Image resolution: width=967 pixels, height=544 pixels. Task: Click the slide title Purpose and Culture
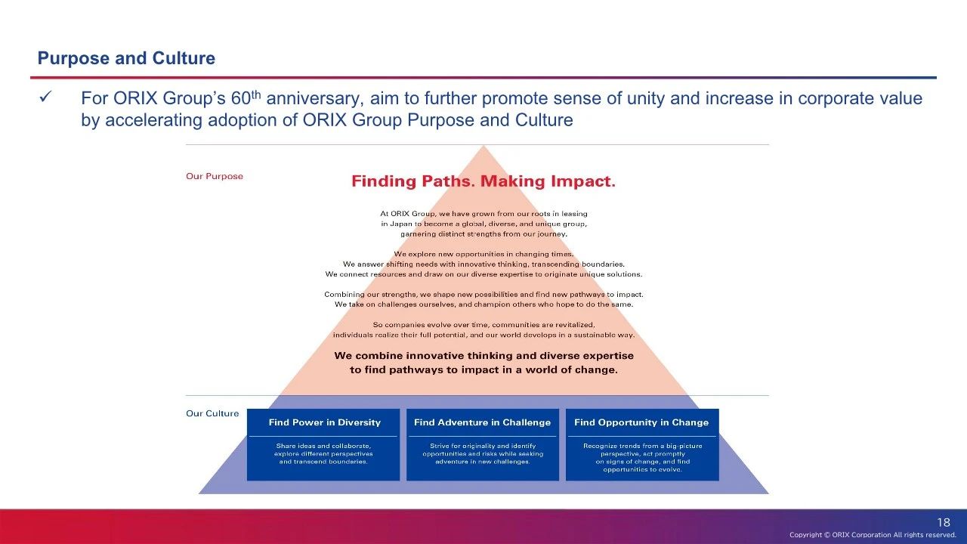[x=126, y=58]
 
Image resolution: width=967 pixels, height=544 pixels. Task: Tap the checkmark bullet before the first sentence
[x=45, y=97]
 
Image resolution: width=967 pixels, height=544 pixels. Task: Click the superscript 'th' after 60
[x=256, y=94]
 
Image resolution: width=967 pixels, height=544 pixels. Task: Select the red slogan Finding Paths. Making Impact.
[x=483, y=181]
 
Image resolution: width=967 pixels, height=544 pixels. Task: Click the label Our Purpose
[x=215, y=176]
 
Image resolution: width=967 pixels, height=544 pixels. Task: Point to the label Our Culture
[x=212, y=413]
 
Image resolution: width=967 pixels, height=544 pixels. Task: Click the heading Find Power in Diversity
[x=325, y=422]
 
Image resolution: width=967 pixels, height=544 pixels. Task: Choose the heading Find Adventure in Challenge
[x=482, y=422]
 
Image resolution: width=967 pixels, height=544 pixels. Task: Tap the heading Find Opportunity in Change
[x=641, y=422]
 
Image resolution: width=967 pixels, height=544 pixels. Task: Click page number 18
[x=944, y=522]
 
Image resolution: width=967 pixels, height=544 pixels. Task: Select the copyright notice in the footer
[x=873, y=534]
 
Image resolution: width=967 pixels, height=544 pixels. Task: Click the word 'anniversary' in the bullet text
[x=313, y=99]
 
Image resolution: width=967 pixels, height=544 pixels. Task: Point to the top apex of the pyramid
[x=483, y=146]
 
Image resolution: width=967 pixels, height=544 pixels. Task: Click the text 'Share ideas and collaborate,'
[x=323, y=446]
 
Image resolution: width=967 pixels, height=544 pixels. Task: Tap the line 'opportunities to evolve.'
[x=642, y=469]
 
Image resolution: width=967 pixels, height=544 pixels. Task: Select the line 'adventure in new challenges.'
[x=483, y=462]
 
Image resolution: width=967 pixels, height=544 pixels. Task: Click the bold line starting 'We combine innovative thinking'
[x=484, y=356]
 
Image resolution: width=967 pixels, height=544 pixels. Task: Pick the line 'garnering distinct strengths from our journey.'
[x=484, y=234]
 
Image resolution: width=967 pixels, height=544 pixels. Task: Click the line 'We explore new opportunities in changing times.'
[x=484, y=254]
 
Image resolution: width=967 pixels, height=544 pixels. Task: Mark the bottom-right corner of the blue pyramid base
[x=768, y=493]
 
